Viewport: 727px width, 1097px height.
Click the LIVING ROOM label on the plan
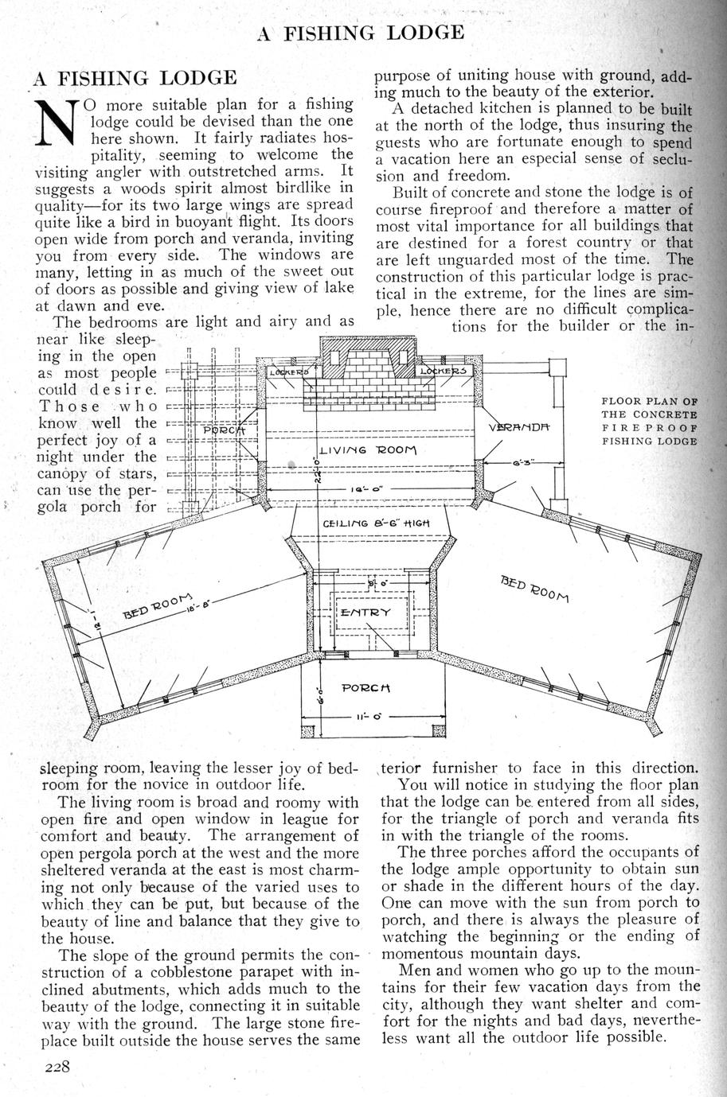click(366, 450)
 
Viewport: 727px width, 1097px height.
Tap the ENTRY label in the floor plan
click(365, 612)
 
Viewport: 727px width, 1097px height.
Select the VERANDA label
click(520, 428)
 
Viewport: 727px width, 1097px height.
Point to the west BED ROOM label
click(158, 605)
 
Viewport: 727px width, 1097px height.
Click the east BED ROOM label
click(536, 588)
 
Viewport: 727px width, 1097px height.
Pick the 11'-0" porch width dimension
click(365, 716)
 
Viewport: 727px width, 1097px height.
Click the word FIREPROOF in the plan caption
click(649, 428)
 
